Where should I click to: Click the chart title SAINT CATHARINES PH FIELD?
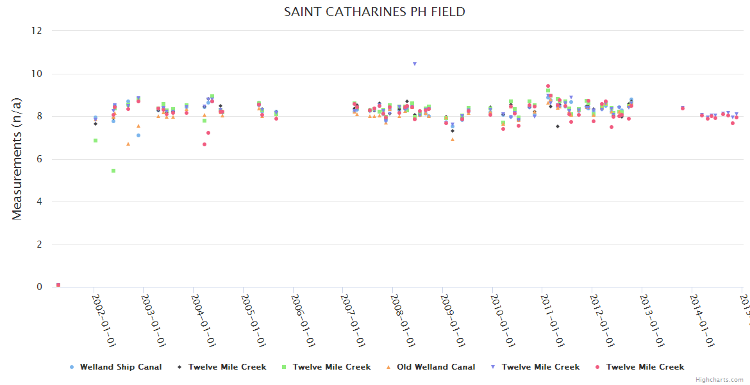(x=374, y=12)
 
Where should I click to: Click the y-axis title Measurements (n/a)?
(x=17, y=158)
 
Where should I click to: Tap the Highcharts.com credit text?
(x=720, y=380)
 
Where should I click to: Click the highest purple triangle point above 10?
(x=415, y=64)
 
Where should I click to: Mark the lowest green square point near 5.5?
(x=113, y=171)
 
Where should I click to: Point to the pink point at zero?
(x=58, y=285)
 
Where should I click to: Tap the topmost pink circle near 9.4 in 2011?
(x=548, y=86)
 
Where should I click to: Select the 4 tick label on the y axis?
(x=39, y=202)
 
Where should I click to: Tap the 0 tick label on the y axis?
(x=39, y=287)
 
